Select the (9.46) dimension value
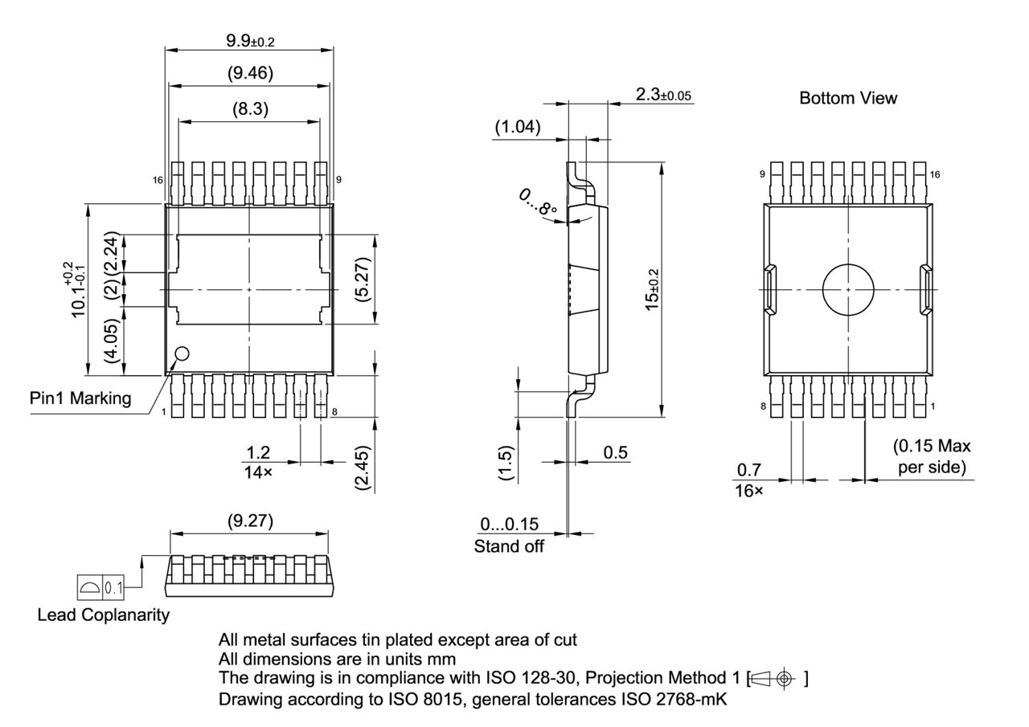click(249, 74)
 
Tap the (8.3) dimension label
click(249, 109)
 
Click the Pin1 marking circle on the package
click(182, 353)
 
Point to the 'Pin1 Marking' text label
click(80, 398)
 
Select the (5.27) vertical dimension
click(363, 280)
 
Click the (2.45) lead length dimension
click(363, 468)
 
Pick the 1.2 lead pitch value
click(257, 454)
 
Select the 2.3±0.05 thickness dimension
click(662, 95)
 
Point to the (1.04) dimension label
click(516, 126)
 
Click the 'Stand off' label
click(508, 547)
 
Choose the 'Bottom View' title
click(848, 98)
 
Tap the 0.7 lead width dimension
click(749, 470)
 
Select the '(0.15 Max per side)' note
click(932, 456)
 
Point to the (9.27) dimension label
click(249, 521)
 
